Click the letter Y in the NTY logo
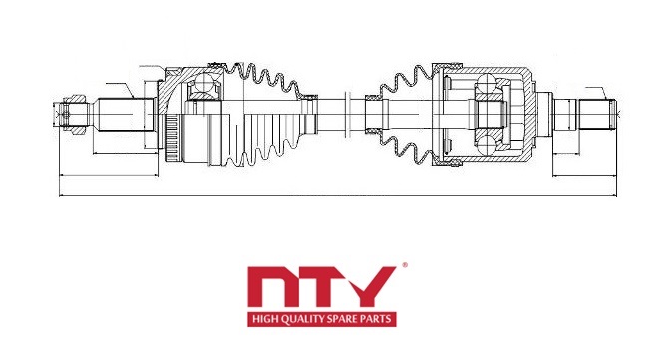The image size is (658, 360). (369, 287)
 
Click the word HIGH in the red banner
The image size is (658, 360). (264, 320)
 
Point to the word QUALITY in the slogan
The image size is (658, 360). (300, 320)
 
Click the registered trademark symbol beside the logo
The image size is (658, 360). (405, 264)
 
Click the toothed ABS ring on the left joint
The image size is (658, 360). (172, 138)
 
